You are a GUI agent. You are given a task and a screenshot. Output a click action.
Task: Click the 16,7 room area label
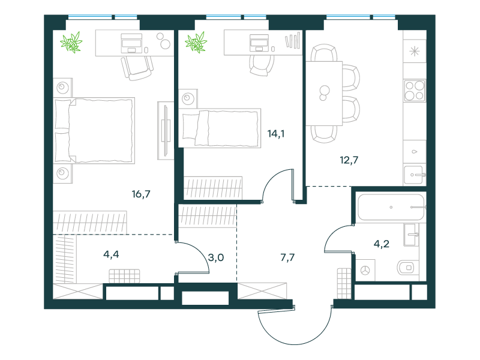pyautogui.click(x=141, y=194)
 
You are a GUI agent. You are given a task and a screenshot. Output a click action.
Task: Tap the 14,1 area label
pyautogui.click(x=276, y=134)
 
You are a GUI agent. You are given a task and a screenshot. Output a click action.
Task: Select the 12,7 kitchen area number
pyautogui.click(x=349, y=160)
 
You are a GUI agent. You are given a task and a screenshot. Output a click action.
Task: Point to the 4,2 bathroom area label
pyautogui.click(x=382, y=244)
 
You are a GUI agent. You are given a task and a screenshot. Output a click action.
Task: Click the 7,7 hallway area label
pyautogui.click(x=287, y=257)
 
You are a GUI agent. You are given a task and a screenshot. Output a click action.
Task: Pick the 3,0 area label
pyautogui.click(x=216, y=258)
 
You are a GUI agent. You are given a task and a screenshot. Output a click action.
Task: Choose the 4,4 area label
pyautogui.click(x=111, y=254)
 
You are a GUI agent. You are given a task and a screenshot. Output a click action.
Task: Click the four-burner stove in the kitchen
pyautogui.click(x=415, y=91)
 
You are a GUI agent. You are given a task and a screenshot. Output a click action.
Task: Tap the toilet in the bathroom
pyautogui.click(x=406, y=268)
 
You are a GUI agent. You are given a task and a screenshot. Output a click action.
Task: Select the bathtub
pyautogui.click(x=391, y=207)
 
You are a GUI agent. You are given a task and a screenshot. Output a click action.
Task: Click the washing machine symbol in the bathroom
pyautogui.click(x=365, y=271)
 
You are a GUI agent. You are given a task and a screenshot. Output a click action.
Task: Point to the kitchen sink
pyautogui.click(x=415, y=175)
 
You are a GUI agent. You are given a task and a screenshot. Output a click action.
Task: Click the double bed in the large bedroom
pyautogui.click(x=94, y=130)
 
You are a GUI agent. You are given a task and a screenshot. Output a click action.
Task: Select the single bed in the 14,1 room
pyautogui.click(x=220, y=128)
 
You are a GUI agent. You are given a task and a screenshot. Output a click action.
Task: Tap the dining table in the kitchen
pyautogui.click(x=324, y=94)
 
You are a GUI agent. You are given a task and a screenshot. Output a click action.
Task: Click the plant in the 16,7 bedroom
pyautogui.click(x=71, y=42)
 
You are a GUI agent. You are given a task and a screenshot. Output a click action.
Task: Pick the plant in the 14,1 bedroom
pyautogui.click(x=196, y=42)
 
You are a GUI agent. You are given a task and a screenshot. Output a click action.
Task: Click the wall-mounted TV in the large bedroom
pyautogui.click(x=166, y=130)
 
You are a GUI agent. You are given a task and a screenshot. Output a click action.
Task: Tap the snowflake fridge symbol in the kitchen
pyautogui.click(x=415, y=52)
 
